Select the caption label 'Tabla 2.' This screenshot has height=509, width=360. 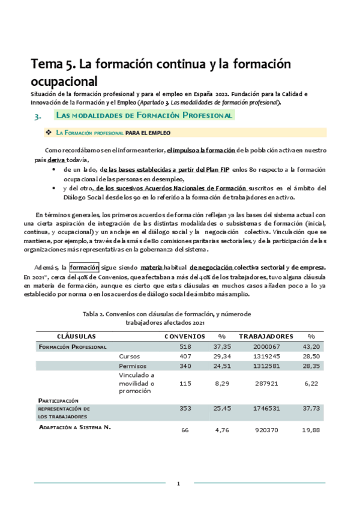pyautogui.click(x=94, y=314)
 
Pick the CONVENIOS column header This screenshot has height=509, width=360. pyautogui.click(x=184, y=336)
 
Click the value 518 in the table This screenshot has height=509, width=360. pyautogui.click(x=184, y=346)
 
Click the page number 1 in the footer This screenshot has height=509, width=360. pyautogui.click(x=178, y=484)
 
